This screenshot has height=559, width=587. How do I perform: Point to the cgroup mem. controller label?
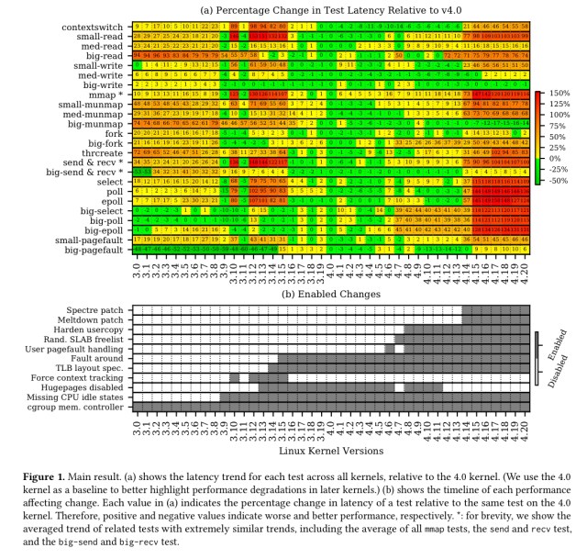click(x=76, y=406)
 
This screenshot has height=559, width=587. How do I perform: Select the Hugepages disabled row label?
click(x=85, y=386)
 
